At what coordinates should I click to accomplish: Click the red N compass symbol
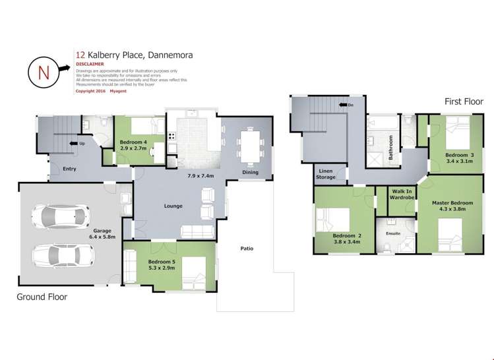[44, 72]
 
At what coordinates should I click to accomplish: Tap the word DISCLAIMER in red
[90, 64]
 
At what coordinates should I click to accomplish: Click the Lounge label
[173, 206]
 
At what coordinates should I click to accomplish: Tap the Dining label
[249, 173]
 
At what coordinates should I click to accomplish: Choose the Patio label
[247, 249]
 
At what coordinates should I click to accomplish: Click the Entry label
[70, 169]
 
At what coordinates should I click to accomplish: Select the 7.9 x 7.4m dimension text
[201, 176]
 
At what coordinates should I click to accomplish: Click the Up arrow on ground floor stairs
[77, 143]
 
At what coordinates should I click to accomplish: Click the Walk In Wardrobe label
[401, 194]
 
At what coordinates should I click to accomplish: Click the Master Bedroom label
[452, 206]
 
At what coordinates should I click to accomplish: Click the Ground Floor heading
[42, 297]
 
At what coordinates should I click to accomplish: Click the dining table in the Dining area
[250, 146]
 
